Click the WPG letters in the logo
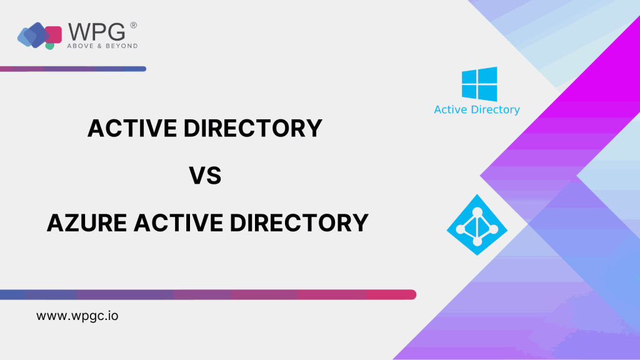97,32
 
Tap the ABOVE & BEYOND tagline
102,46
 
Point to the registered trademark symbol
134,25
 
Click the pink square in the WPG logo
54,35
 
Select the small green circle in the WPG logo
50,46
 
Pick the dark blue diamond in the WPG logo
37,35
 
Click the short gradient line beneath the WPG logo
73,69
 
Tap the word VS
205,176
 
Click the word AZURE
86,223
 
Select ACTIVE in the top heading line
132,128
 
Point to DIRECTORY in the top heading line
253,128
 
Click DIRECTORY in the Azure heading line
299,223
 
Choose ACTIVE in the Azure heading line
178,223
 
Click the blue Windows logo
479,84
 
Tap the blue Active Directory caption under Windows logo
477,110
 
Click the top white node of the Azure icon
477,212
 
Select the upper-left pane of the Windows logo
469,77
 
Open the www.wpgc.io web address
77,316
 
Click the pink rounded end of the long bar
411,295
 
